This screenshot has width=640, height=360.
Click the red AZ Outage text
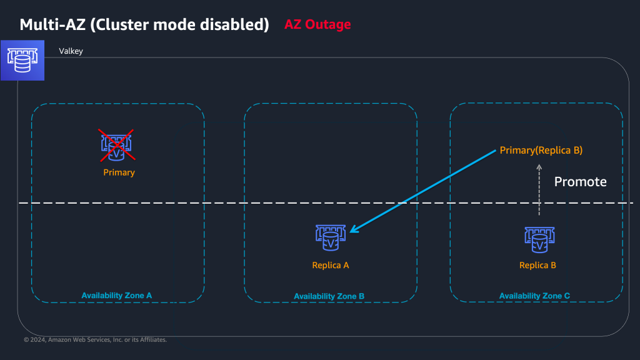tap(317, 25)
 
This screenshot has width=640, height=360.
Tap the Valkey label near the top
tap(71, 51)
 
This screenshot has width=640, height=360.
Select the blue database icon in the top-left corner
tap(22, 60)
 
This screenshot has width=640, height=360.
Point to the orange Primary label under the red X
tap(119, 172)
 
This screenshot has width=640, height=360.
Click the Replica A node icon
tap(330, 236)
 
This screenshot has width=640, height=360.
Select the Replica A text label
tap(330, 265)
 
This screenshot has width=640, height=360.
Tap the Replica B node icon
tap(539, 237)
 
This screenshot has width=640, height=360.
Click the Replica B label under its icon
tap(537, 265)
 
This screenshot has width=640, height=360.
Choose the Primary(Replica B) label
tap(541, 151)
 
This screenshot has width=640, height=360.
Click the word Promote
tap(580, 182)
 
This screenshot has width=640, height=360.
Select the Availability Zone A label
tap(117, 295)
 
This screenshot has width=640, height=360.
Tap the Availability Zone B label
tap(329, 296)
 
